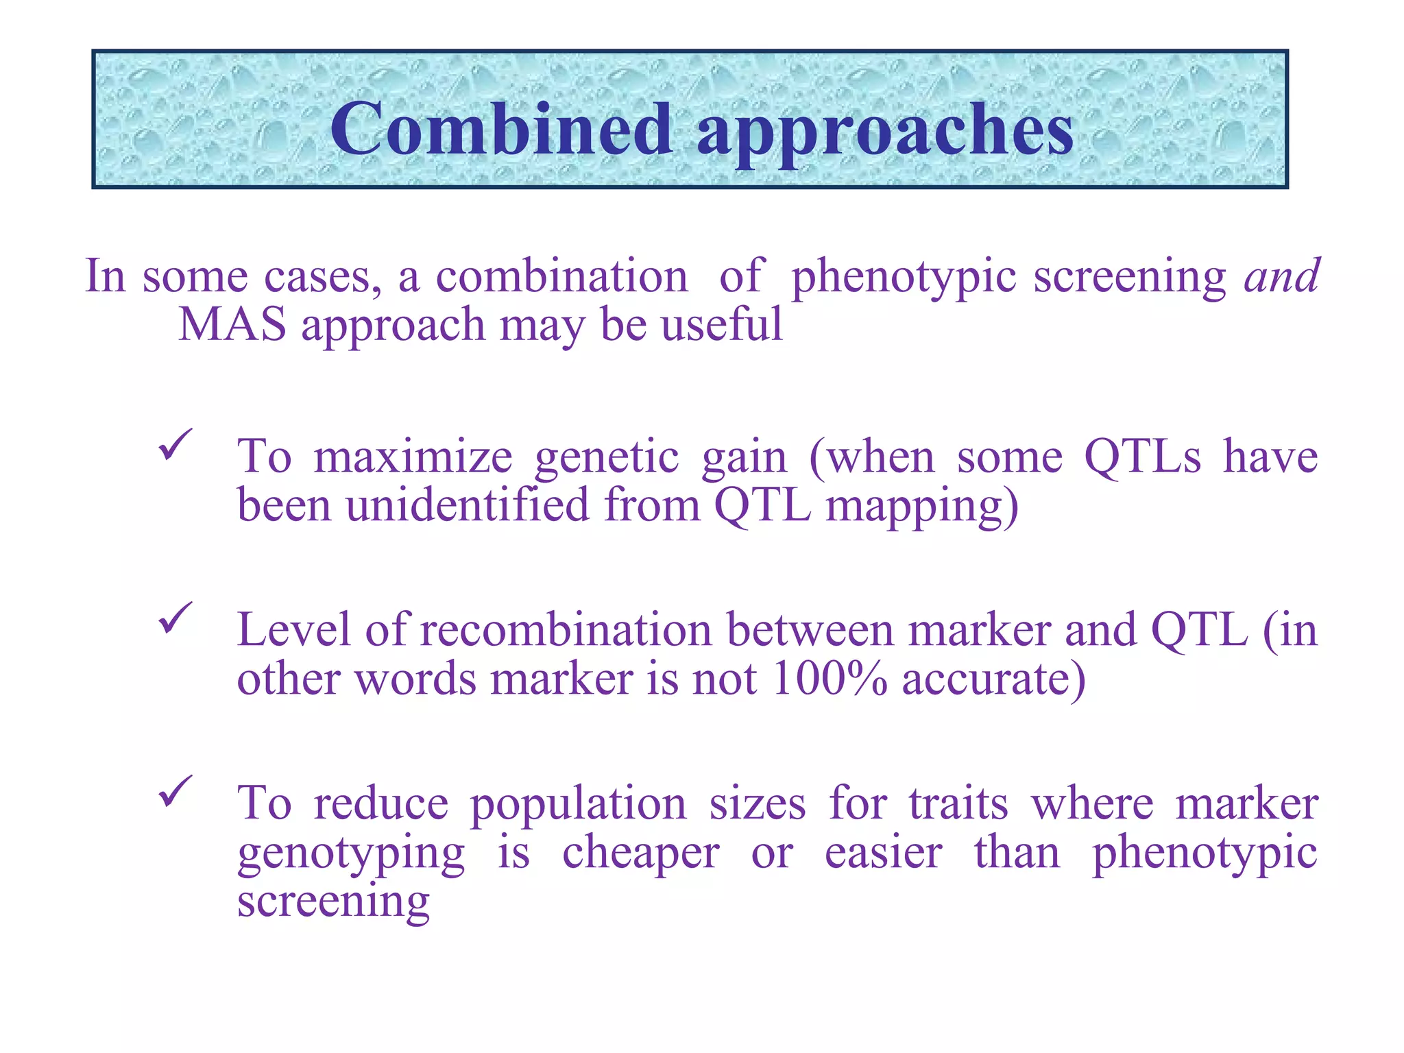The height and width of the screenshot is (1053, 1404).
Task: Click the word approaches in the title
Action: click(x=885, y=132)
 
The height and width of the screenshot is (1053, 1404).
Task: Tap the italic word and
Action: click(x=1281, y=276)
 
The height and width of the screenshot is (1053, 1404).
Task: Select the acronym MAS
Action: click(x=232, y=324)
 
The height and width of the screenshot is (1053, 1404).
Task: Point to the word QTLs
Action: click(x=1142, y=457)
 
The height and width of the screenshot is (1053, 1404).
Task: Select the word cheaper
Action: click(x=640, y=854)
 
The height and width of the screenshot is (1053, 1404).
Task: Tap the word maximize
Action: click(x=413, y=457)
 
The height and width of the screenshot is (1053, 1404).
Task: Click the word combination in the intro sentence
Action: click(x=561, y=276)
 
